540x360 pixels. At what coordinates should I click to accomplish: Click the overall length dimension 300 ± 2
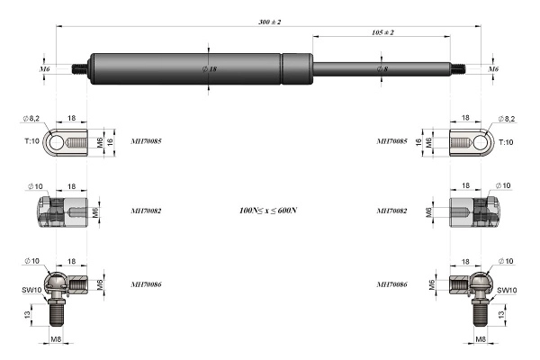(x=270, y=22)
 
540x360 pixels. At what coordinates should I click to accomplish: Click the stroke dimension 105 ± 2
(x=382, y=32)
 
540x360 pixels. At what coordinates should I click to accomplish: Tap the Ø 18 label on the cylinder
(x=210, y=69)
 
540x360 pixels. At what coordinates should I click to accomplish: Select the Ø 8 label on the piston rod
(x=382, y=69)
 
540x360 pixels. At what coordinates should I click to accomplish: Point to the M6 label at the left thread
(x=44, y=69)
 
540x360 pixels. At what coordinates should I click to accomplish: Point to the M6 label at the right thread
(x=493, y=69)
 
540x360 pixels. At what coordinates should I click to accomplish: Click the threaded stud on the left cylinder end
(x=79, y=69)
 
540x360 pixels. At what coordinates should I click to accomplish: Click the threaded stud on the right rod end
(x=458, y=69)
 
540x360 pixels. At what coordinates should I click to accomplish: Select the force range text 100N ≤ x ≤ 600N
(x=268, y=210)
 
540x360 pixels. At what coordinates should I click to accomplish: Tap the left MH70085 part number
(x=146, y=141)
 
